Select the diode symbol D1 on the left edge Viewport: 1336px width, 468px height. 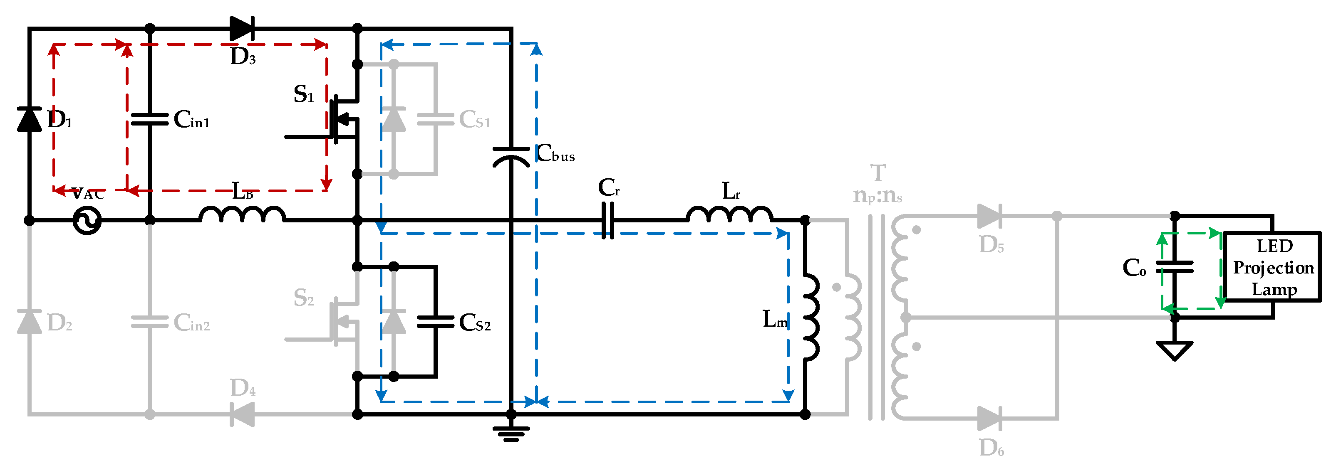[x=30, y=119]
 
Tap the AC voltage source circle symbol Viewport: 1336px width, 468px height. [x=87, y=220]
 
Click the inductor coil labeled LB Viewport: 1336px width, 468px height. [x=242, y=214]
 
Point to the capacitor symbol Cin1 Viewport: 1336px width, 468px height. [x=149, y=120]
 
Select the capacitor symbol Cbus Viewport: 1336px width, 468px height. [x=511, y=155]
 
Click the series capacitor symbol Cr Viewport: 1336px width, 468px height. [x=608, y=220]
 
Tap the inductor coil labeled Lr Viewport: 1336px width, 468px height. [x=729, y=214]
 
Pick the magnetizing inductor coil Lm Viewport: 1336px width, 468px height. [x=811, y=317]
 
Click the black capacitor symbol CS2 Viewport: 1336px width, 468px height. [x=436, y=322]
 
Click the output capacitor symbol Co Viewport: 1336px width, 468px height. [x=1175, y=267]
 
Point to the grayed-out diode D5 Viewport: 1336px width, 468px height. [x=989, y=216]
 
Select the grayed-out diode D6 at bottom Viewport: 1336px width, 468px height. [x=989, y=418]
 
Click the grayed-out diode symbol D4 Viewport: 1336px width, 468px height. [x=242, y=414]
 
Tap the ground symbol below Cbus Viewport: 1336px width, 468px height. [x=511, y=433]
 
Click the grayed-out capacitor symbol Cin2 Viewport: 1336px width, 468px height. [x=149, y=322]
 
